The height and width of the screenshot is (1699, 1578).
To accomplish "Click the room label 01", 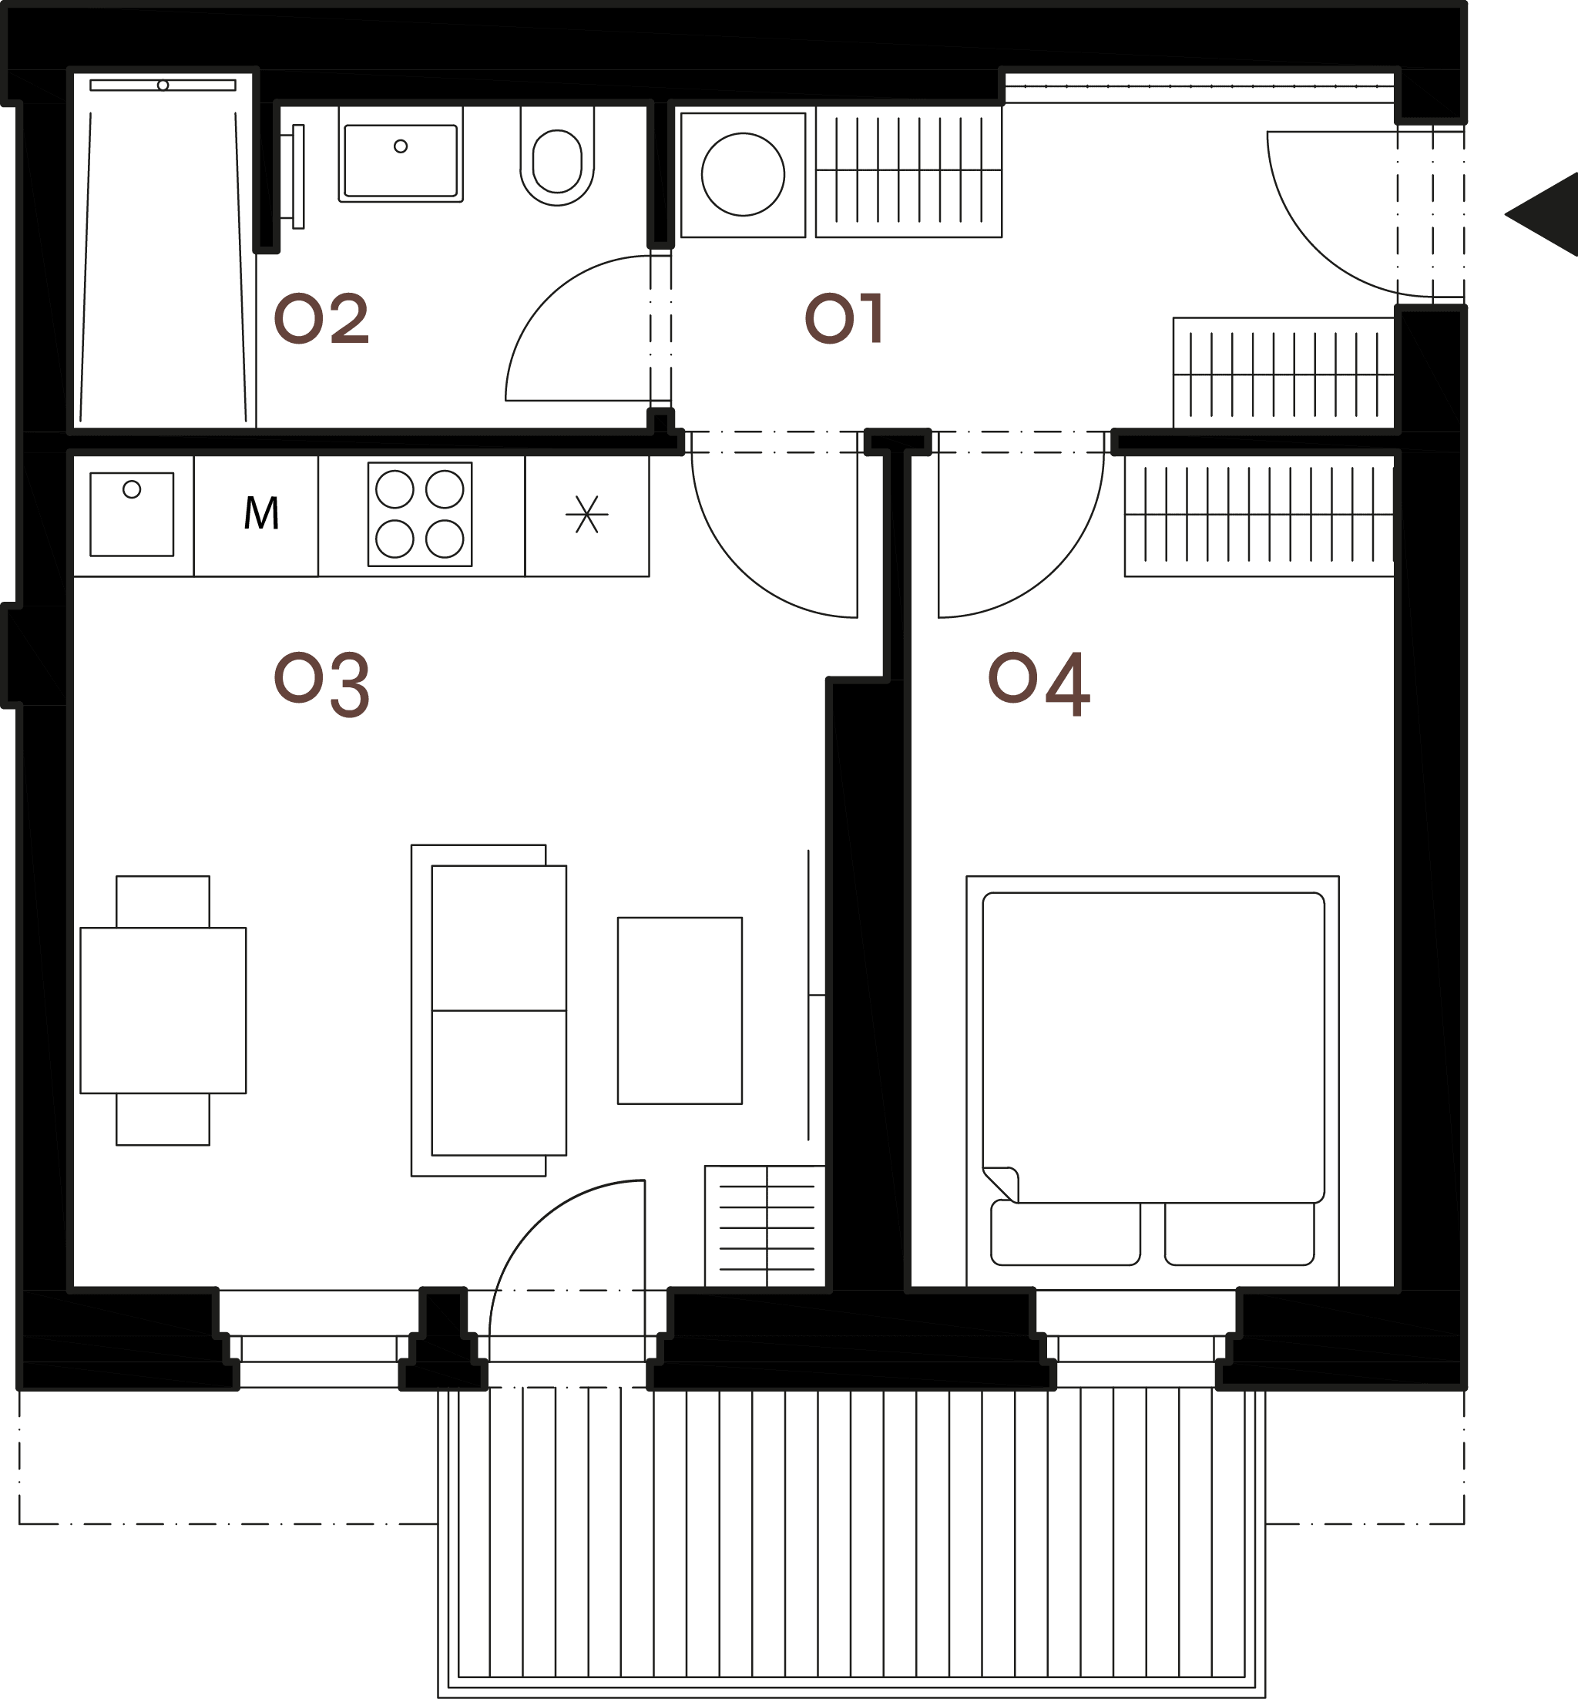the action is (x=844, y=318).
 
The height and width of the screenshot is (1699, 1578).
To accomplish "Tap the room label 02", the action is (x=321, y=318).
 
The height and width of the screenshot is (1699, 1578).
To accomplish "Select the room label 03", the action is (x=321, y=684).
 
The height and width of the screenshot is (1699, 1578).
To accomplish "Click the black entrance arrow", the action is (x=1542, y=214).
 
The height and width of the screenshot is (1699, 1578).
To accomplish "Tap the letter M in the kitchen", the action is (x=261, y=513).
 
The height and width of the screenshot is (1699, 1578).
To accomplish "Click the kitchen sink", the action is (x=132, y=514).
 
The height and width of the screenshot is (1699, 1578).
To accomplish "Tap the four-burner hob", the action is (x=420, y=514).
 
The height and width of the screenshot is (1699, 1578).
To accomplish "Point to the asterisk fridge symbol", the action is (x=586, y=515).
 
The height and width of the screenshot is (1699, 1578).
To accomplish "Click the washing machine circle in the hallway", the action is (x=743, y=174).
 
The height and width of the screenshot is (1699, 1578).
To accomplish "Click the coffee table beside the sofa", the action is (x=680, y=1011).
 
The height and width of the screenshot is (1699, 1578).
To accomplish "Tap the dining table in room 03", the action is (x=163, y=1010).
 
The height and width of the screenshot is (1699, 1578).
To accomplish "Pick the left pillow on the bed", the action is (x=1066, y=1234).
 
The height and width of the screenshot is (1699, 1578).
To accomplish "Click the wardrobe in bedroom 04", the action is (x=1260, y=515).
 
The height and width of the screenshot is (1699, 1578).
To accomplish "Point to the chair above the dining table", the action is (x=163, y=902).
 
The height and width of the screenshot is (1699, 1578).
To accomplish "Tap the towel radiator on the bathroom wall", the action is (x=297, y=176).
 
